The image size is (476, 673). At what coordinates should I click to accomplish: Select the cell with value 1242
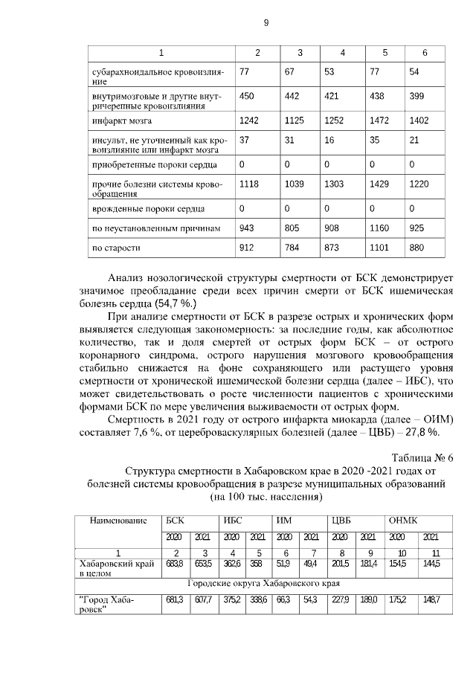point(251,120)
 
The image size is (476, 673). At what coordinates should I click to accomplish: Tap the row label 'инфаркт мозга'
point(123,120)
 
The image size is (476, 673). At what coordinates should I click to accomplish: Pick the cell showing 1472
point(379,120)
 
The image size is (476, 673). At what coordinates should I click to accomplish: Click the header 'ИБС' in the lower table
point(232,521)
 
